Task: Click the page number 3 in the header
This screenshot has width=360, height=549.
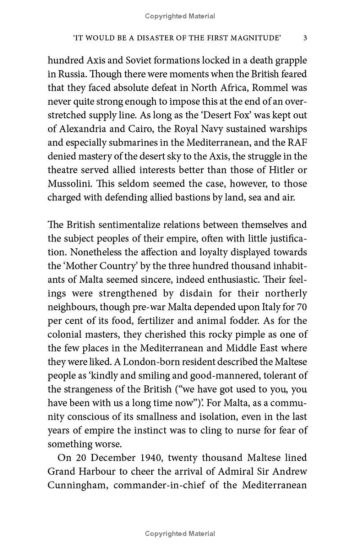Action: (x=305, y=38)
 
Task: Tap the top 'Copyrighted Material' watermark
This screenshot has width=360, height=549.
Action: (x=180, y=16)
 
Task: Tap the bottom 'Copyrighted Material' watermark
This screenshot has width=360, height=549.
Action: (x=180, y=534)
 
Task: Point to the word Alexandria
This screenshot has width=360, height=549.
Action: (x=81, y=129)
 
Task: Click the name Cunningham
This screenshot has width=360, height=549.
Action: (x=77, y=486)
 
